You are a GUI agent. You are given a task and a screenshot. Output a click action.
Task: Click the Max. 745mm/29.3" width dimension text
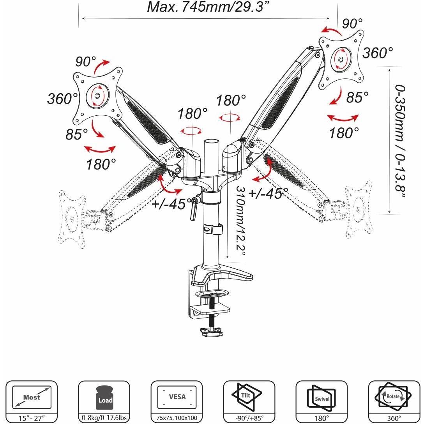click(205, 7)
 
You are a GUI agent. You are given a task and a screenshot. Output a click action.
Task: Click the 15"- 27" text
click(32, 419)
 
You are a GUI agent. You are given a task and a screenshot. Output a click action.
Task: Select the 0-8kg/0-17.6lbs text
click(104, 419)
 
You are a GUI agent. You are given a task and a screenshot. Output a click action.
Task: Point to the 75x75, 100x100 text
click(177, 419)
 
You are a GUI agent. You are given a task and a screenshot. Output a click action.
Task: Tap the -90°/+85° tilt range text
click(249, 419)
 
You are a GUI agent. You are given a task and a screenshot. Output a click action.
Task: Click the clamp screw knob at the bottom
click(210, 332)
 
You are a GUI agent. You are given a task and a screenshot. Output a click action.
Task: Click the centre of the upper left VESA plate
click(97, 95)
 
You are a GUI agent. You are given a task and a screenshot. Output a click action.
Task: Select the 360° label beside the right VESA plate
click(377, 53)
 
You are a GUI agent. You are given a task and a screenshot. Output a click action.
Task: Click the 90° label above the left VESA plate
click(86, 62)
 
